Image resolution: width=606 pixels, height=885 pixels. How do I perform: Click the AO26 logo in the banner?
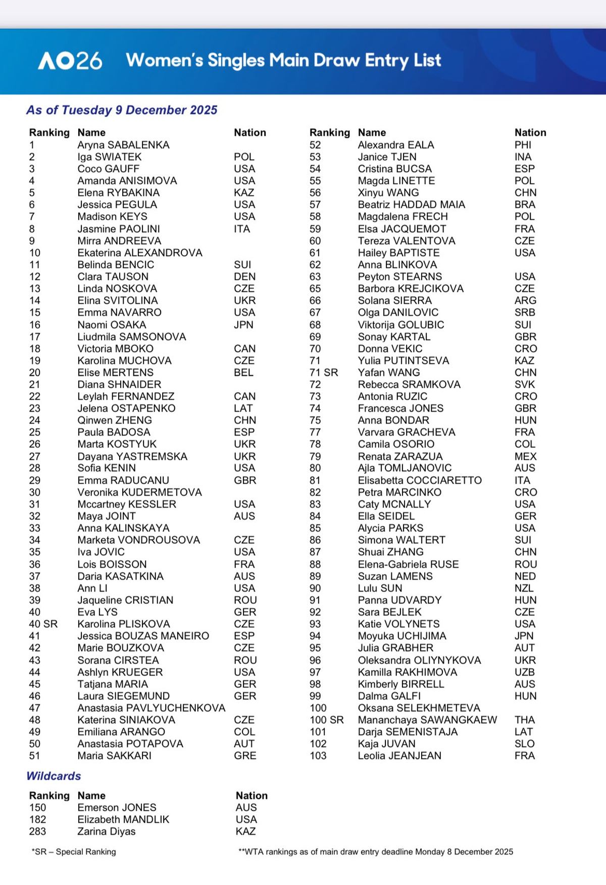click(70, 61)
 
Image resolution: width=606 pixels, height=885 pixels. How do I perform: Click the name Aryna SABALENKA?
click(123, 145)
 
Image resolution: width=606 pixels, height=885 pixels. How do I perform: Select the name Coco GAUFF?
click(108, 169)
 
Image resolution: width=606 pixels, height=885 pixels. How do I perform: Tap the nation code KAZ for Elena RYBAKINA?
click(244, 193)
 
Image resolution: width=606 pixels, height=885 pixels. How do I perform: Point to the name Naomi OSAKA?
click(112, 325)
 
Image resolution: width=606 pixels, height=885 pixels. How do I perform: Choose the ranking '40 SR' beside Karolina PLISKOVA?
click(43, 624)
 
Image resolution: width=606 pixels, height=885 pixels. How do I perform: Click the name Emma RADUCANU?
click(123, 480)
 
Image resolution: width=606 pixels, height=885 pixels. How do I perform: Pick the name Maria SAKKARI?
click(114, 756)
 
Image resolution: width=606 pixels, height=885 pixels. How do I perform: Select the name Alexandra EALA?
click(396, 145)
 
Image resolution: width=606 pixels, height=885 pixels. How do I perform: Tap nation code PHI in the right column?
click(523, 145)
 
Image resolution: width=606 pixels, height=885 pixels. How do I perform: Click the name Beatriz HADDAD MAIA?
click(411, 205)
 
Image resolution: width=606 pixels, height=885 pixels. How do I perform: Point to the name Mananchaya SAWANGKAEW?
click(427, 720)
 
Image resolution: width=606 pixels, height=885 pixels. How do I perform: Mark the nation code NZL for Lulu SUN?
click(524, 588)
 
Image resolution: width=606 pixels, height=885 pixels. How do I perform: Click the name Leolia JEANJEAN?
click(399, 756)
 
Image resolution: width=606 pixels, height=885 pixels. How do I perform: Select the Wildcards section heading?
click(54, 776)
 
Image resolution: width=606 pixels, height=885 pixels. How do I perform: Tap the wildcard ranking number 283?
click(37, 831)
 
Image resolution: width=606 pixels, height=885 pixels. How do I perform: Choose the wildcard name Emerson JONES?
click(117, 808)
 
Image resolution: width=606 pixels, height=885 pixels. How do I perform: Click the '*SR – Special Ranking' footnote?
click(74, 852)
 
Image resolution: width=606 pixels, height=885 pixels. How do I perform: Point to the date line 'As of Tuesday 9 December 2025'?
click(122, 110)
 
